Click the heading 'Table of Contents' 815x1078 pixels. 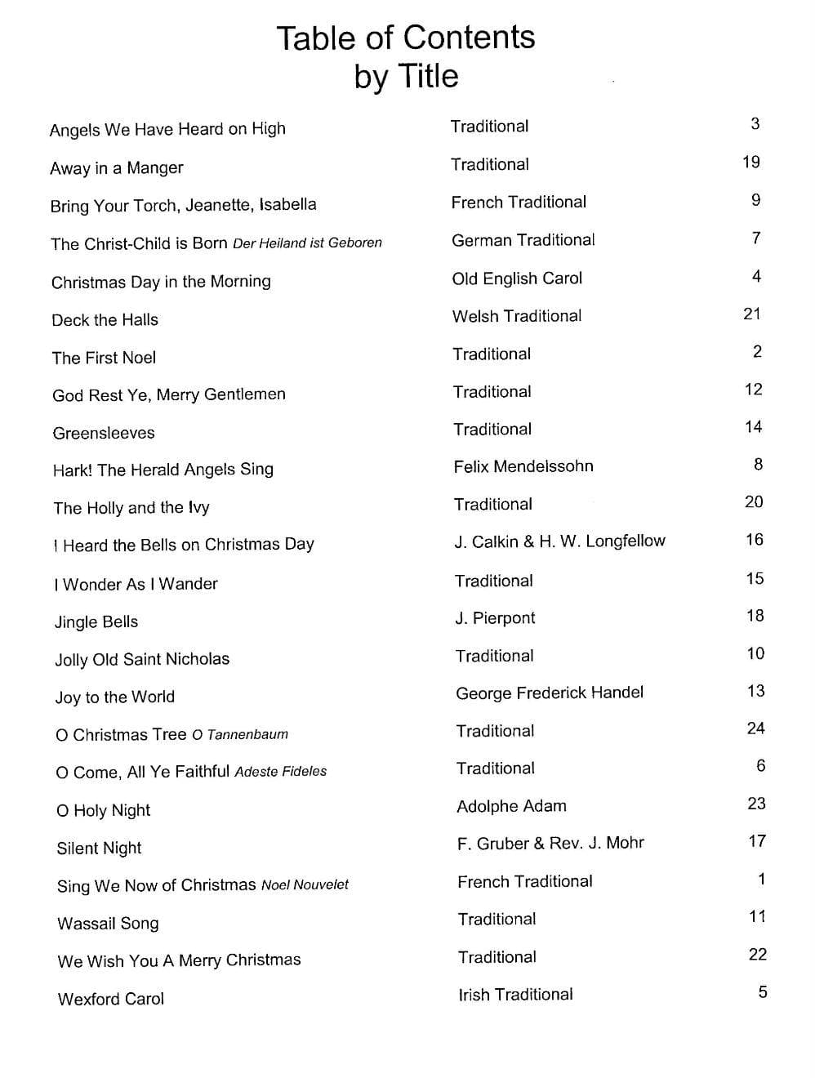[x=405, y=38]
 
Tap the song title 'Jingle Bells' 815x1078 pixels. [x=96, y=621]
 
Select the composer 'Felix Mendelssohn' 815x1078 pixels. [x=523, y=466]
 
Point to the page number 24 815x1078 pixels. [x=755, y=728]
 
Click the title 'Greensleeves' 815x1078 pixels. [x=104, y=433]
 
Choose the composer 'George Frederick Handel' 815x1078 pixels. [x=550, y=693]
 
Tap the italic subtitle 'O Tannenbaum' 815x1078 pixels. [x=240, y=734]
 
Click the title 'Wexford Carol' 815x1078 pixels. [x=111, y=998]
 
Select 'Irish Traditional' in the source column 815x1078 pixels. [x=515, y=994]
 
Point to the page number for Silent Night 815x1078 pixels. [x=757, y=840]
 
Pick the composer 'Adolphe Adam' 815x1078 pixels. [x=511, y=806]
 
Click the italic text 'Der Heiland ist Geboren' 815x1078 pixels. [x=307, y=243]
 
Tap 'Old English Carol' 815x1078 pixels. [x=517, y=278]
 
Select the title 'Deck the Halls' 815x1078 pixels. [x=105, y=319]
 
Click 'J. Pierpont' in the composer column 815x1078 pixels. [x=495, y=617]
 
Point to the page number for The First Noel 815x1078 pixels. [x=757, y=351]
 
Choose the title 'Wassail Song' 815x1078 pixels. [x=108, y=923]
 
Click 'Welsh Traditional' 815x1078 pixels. [x=517, y=315]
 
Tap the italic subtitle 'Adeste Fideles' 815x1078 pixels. [x=280, y=771]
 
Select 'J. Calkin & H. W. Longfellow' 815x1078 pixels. [x=559, y=541]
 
